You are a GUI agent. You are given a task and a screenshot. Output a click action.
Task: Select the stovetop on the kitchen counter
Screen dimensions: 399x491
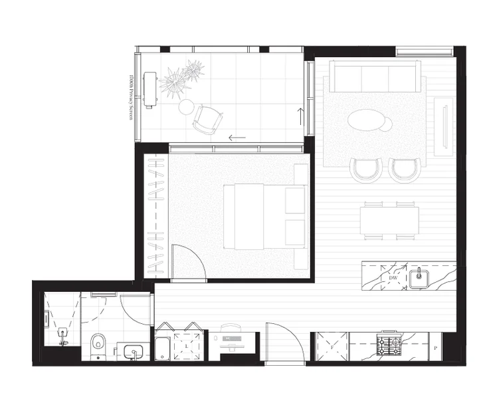[389, 346]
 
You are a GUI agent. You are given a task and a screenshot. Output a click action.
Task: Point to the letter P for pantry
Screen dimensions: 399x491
[435, 348]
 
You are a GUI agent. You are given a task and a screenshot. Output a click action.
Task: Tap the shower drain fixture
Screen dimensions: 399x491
[63, 333]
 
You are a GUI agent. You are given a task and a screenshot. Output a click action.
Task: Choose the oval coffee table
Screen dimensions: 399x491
[369, 122]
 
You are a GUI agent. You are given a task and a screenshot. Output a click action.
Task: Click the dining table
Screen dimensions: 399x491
[390, 220]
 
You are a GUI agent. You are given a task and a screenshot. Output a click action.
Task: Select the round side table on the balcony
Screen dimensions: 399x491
[187, 106]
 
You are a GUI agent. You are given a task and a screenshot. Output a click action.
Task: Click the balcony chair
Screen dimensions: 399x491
[207, 120]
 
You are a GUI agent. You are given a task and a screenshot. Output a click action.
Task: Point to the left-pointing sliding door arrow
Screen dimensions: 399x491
[237, 138]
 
